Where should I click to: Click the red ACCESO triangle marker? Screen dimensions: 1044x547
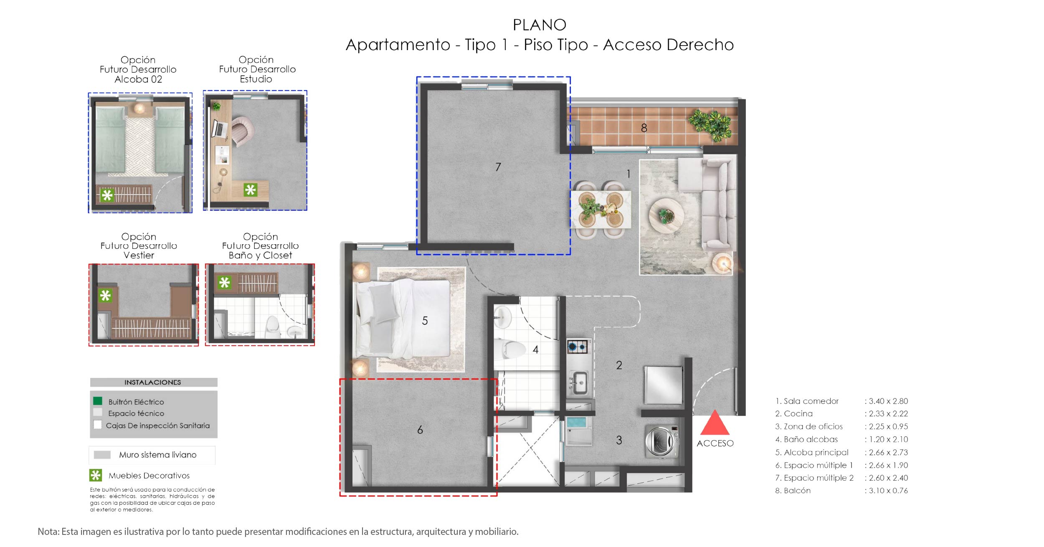tap(715, 423)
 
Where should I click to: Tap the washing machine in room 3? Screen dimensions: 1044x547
tap(661, 441)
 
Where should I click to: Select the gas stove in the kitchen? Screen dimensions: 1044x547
tap(578, 346)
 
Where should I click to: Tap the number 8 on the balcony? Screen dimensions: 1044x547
tap(644, 128)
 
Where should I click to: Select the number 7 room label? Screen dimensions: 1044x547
tap(498, 167)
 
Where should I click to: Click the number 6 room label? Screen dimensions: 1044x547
tap(420, 429)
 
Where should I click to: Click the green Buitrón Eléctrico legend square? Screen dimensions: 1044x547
tap(97, 401)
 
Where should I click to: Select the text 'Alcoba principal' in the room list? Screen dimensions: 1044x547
tap(816, 452)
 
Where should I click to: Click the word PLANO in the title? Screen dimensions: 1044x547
tap(540, 25)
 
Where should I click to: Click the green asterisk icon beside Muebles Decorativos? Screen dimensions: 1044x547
tap(96, 475)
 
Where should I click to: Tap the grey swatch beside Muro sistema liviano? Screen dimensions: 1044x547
tap(102, 455)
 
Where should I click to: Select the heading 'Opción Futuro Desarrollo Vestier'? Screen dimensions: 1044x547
tap(139, 246)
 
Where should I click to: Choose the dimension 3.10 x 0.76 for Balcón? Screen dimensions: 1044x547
tap(888, 490)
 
